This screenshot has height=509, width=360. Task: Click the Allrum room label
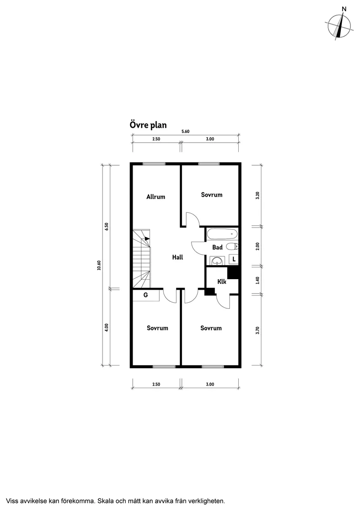coord(156,197)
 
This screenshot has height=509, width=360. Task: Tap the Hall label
coord(177,257)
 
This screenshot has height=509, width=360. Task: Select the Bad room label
coord(217,247)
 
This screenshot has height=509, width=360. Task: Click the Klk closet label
coord(222,282)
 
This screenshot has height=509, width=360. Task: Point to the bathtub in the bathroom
coord(222,234)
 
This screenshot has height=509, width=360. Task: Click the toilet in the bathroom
coord(232,246)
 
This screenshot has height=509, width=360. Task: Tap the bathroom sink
coord(216,261)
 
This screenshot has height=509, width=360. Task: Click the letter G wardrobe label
coord(146,295)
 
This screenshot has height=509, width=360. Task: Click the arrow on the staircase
coord(147,239)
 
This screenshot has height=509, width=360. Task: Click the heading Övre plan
coord(148,125)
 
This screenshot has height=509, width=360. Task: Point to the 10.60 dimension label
coord(99,265)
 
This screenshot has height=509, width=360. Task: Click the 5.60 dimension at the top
coord(185,132)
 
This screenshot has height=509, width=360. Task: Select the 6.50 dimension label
coord(106,228)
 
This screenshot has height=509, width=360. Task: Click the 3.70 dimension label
coord(257,330)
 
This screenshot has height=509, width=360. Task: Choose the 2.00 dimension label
coord(257,246)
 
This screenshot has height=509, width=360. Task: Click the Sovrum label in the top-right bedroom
coord(212,195)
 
